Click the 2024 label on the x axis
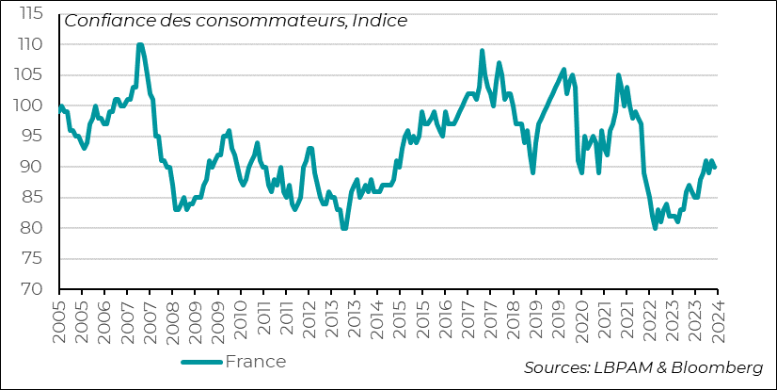click(718, 317)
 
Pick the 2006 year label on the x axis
click(104, 317)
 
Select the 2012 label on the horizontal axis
click(309, 317)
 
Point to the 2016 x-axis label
click(445, 317)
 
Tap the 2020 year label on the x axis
click(581, 317)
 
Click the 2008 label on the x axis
click(173, 317)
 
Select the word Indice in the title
click(381, 21)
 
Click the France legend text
click(256, 362)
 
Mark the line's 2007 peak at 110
click(139, 44)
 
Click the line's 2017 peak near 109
click(483, 51)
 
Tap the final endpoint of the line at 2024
click(715, 167)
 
